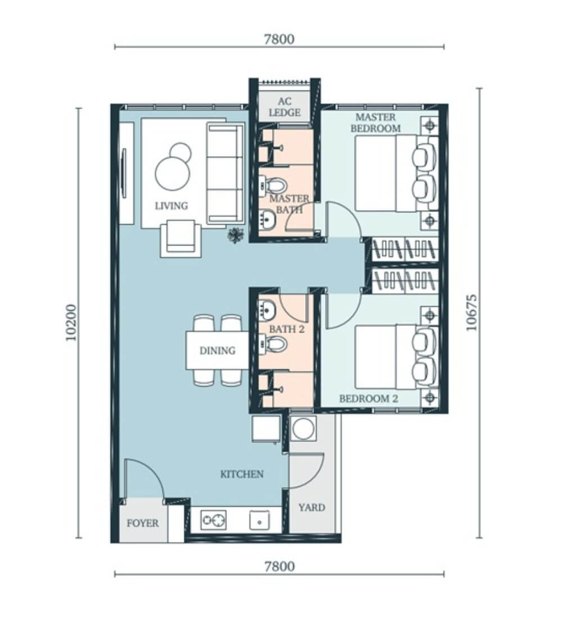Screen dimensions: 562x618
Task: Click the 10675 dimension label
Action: point(472,312)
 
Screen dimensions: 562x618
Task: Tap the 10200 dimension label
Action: point(71,322)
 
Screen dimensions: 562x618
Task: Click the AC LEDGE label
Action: point(284,107)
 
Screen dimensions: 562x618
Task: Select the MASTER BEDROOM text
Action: point(375,122)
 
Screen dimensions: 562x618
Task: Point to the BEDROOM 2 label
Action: point(368,398)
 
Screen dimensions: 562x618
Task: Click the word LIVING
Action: point(171,206)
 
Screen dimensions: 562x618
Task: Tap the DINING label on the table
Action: point(217,351)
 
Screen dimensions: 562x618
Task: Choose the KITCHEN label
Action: point(242,474)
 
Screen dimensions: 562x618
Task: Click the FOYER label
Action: point(142,523)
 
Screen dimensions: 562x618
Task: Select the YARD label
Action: point(311,507)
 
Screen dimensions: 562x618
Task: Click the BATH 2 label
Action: point(287,329)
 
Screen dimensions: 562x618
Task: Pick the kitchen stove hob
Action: point(214,520)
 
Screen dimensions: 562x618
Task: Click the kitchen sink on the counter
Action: point(260,520)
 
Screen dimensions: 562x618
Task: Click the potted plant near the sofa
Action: point(235,235)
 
